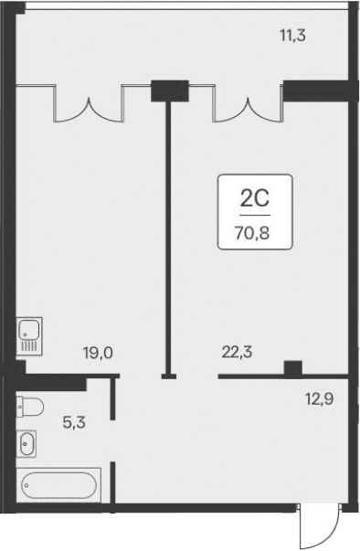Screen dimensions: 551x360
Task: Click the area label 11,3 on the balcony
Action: (x=292, y=37)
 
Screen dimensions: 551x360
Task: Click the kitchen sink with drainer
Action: (x=27, y=335)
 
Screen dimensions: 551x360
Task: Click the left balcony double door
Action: (x=90, y=104)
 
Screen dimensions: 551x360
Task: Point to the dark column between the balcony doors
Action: (x=169, y=90)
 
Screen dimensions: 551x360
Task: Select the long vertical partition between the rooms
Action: (x=168, y=238)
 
